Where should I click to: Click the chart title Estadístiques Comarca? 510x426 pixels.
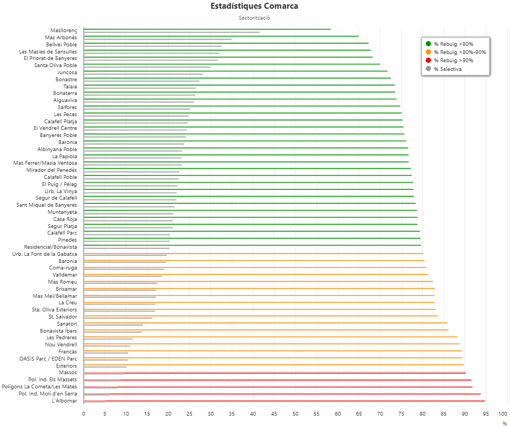point(254,7)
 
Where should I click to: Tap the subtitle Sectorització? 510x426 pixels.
point(254,18)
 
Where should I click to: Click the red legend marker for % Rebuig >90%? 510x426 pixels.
point(428,61)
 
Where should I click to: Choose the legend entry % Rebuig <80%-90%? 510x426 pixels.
point(459,52)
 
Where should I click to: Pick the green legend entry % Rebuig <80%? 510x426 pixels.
point(453,44)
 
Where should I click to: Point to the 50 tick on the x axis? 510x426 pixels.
point(295,414)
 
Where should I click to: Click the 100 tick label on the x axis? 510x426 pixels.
point(503,414)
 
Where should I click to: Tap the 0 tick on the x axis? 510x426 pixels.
point(83,414)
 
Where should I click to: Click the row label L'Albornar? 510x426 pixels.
point(64,401)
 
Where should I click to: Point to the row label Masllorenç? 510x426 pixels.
point(64,31)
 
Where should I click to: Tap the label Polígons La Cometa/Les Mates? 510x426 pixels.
point(39,387)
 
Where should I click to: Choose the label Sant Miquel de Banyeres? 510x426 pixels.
point(47,205)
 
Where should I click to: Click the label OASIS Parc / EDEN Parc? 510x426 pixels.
point(48,359)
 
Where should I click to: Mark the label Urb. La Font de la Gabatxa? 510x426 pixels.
point(45,254)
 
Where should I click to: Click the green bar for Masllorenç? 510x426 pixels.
point(207,29)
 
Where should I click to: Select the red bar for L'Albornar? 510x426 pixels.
point(283,401)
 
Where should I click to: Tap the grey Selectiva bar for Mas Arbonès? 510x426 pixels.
point(158,39)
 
